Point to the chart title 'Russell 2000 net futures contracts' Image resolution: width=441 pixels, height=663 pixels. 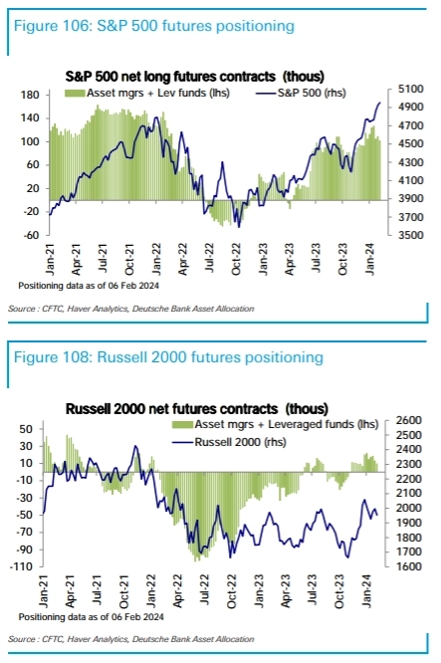click(188, 408)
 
